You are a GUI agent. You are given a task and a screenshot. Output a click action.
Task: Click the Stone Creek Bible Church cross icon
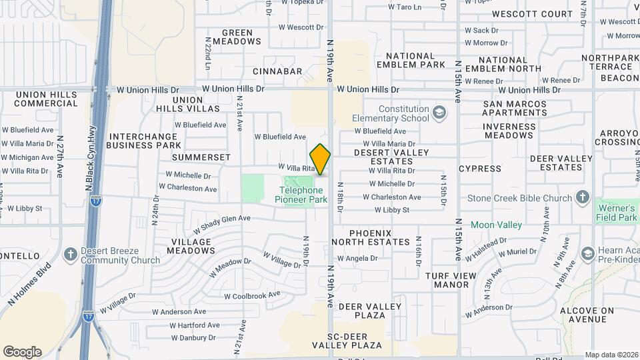[x=583, y=197]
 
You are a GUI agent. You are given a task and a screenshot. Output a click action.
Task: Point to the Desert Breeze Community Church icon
[x=71, y=255]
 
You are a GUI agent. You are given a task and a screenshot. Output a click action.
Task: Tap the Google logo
[x=22, y=351]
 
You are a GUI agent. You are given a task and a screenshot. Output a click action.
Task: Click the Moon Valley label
[x=496, y=225]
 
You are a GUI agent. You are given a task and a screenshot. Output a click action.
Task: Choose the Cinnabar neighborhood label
[x=277, y=71]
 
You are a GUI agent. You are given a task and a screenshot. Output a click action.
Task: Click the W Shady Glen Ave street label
[x=221, y=223]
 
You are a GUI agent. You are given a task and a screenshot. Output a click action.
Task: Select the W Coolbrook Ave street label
[x=252, y=295]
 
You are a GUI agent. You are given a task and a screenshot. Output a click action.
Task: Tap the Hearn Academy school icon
[x=587, y=253]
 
